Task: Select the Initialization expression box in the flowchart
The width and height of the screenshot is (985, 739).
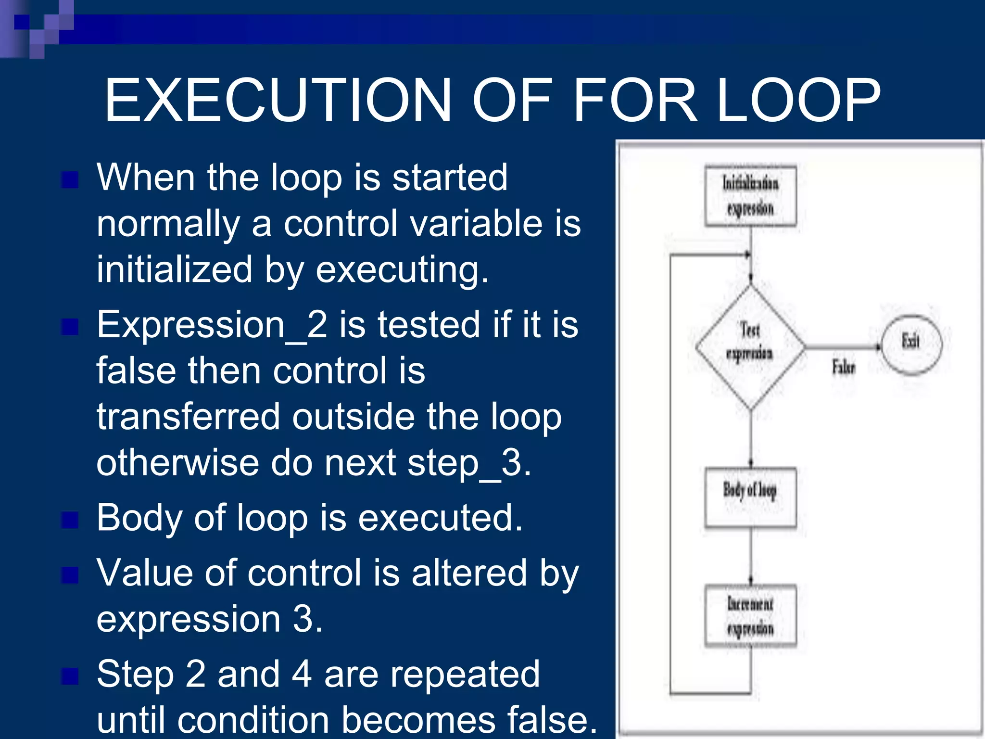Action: pos(750,196)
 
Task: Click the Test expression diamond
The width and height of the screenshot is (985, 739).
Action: pos(750,346)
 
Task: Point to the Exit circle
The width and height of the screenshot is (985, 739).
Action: pos(911,344)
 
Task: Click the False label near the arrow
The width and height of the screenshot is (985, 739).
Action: pos(844,368)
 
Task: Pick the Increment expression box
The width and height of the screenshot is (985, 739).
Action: pos(750,616)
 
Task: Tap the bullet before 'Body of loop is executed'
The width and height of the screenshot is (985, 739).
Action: pos(70,520)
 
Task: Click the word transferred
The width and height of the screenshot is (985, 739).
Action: pos(188,417)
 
